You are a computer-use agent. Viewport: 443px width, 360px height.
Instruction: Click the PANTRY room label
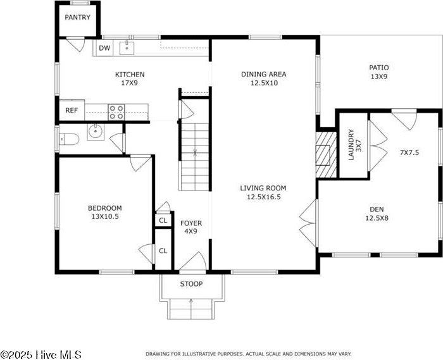(x=77, y=18)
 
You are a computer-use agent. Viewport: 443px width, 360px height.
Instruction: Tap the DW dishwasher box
(x=104, y=47)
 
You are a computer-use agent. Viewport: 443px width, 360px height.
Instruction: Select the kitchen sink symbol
(x=128, y=47)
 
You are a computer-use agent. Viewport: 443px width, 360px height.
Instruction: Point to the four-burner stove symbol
(x=116, y=112)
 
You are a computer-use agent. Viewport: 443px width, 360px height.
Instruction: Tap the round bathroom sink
(x=94, y=132)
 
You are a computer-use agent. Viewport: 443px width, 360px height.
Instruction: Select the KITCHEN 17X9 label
(x=129, y=78)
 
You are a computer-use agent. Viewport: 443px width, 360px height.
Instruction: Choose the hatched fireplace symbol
(x=325, y=155)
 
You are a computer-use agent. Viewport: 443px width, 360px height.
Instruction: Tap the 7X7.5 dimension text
(x=409, y=152)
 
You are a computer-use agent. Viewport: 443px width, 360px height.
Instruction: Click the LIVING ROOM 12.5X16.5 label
(x=263, y=192)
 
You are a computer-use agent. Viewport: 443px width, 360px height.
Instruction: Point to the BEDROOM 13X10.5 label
(x=104, y=212)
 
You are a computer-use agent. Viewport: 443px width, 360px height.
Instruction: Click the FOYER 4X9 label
(x=191, y=227)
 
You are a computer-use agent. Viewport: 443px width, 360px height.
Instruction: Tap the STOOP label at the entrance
(x=191, y=284)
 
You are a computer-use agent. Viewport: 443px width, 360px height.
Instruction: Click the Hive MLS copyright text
(x=41, y=354)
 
